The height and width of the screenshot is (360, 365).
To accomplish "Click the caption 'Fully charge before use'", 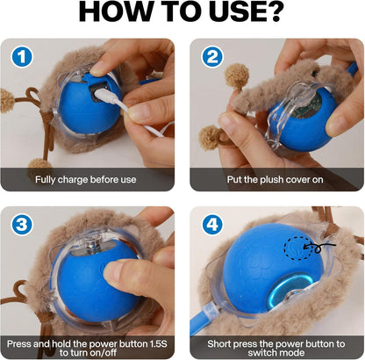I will click(x=86, y=179).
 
